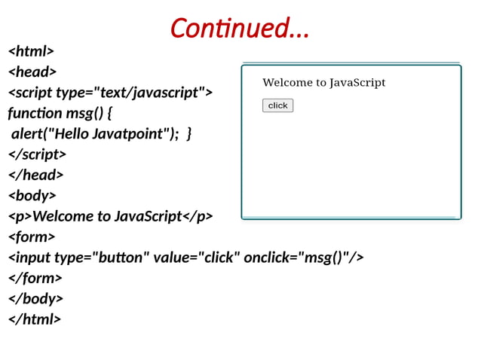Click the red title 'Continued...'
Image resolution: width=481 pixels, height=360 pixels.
point(240,29)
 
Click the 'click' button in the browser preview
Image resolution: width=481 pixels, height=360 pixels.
point(277,105)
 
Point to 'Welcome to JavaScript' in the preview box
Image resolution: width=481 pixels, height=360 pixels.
point(323,83)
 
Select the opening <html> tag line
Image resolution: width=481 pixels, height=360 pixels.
point(31,51)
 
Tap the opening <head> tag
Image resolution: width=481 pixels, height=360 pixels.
point(32,72)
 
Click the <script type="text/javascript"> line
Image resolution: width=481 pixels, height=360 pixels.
point(110,93)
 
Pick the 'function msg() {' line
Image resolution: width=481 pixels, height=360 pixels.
point(60,113)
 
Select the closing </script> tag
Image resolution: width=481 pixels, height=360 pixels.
point(37,154)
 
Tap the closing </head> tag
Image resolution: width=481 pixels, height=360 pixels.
point(35,175)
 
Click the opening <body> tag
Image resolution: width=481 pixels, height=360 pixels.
point(32,196)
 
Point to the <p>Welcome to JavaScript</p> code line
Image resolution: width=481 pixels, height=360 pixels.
point(110,216)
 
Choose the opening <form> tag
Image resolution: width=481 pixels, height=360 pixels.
point(32,236)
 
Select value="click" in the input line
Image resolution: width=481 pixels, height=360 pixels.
point(197,258)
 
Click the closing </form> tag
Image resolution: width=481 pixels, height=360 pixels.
point(35,278)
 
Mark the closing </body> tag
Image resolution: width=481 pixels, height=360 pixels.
point(35,298)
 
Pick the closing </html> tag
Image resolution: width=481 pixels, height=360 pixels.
point(34,319)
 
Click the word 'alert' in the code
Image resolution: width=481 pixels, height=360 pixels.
point(28,134)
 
